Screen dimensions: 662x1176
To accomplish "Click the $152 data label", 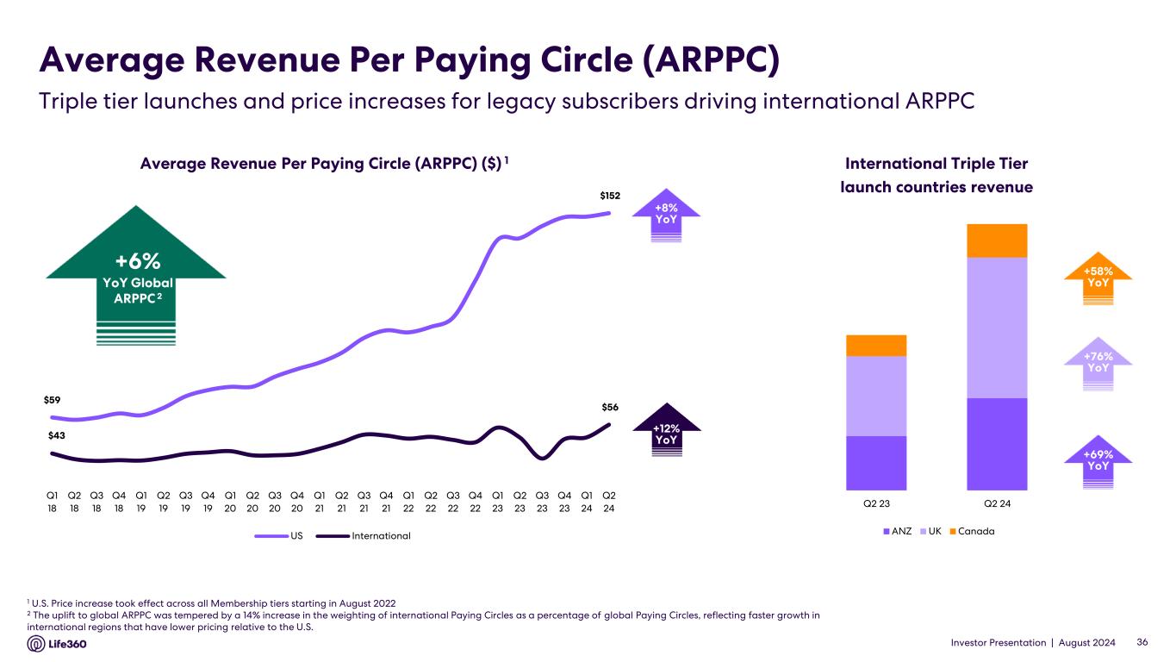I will (609, 197).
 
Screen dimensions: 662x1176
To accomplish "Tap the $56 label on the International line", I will (610, 407).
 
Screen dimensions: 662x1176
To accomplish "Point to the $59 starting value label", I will (53, 400).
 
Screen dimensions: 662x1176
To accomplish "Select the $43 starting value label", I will (57, 436).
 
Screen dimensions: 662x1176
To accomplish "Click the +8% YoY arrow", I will (666, 214).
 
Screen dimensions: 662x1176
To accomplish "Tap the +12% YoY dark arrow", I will (666, 432).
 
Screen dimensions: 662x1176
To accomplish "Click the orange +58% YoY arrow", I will (1098, 277).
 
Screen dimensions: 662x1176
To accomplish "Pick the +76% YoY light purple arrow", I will (1098, 362).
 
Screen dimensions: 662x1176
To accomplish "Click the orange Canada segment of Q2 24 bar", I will (997, 240).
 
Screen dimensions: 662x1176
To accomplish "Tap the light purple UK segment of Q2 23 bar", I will (876, 396).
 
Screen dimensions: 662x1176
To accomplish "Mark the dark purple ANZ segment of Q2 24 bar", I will (997, 443).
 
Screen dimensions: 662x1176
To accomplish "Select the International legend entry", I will (380, 536).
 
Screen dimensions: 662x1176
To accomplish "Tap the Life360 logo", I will (61, 644).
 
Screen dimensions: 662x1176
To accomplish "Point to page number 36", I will (1143, 643).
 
